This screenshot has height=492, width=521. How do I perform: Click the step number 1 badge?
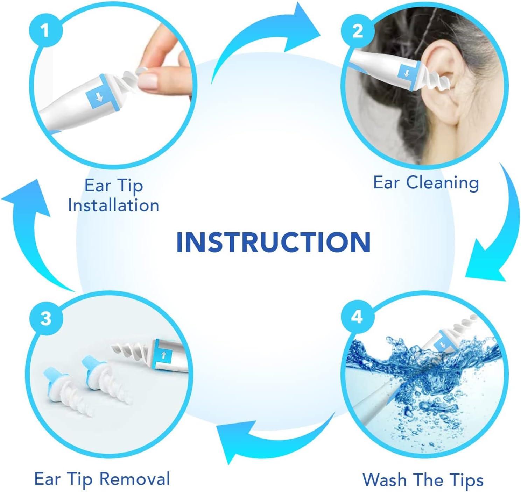45,31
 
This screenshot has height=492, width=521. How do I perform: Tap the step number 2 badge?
358,31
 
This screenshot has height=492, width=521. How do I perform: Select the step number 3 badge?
46,319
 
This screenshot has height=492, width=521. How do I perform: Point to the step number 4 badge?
357,318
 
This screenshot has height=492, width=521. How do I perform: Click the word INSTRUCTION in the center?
273,242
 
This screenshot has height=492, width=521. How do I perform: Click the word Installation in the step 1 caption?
113,205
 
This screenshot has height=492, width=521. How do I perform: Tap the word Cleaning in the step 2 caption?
442,183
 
